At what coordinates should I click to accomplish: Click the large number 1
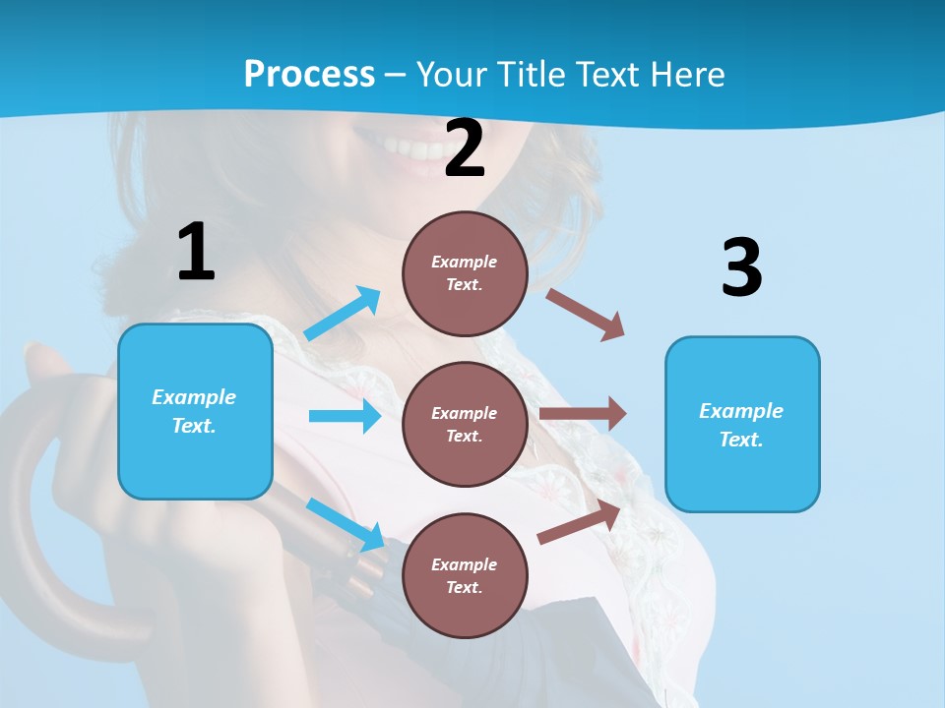coord(196,252)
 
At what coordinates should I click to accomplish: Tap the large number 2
coord(465,148)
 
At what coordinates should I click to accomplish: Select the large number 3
coord(741,267)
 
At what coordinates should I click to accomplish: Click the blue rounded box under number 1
coord(195,411)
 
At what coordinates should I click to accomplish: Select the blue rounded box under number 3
coord(742,424)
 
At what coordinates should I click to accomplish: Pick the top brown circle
coord(465,273)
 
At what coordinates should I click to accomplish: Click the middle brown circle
coord(465,424)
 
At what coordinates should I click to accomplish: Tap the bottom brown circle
coord(465,575)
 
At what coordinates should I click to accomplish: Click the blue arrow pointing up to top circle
coord(343,313)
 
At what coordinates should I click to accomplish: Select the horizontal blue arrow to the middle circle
coord(345,416)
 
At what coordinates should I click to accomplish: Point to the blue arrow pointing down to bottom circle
coord(346,524)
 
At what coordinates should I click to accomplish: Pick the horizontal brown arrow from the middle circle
coord(583,414)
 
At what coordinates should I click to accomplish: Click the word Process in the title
coord(309,74)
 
